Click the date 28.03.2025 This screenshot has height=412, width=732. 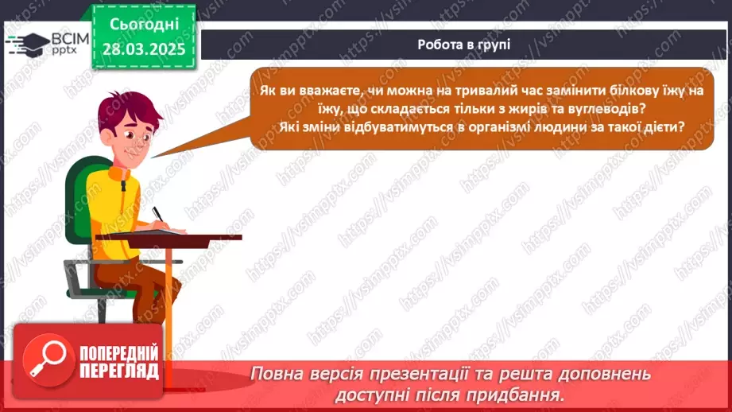pyautogui.click(x=143, y=49)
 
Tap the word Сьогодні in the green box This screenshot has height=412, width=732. pyautogui.click(x=143, y=25)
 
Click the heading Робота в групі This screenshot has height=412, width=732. pyautogui.click(x=463, y=45)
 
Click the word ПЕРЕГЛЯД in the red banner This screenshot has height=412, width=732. pyautogui.click(x=118, y=371)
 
